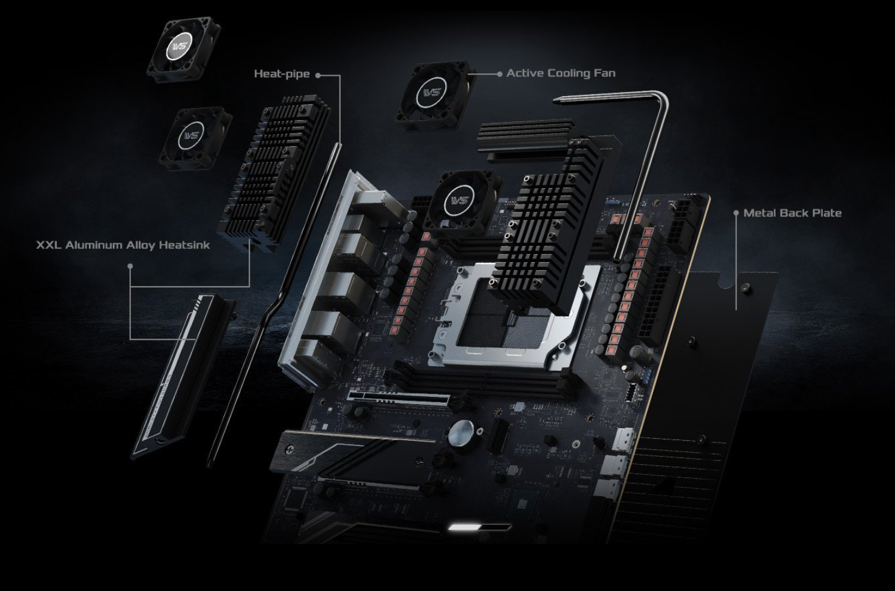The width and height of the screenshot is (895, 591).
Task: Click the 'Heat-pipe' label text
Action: (x=282, y=74)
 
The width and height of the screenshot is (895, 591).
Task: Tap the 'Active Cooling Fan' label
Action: (x=561, y=73)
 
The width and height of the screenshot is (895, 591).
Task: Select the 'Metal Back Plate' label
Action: (x=792, y=213)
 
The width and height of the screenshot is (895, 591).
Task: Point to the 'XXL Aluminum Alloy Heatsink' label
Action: (x=123, y=245)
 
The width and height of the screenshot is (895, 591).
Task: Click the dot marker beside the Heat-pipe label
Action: (x=318, y=75)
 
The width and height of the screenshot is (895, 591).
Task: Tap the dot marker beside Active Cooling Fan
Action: (x=499, y=74)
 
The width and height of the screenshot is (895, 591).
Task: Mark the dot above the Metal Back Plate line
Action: (x=736, y=213)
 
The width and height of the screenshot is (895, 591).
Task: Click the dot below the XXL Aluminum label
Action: (x=130, y=266)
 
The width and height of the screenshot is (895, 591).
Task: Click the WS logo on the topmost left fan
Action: (x=180, y=46)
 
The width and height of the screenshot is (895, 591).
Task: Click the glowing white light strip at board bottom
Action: (x=479, y=527)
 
